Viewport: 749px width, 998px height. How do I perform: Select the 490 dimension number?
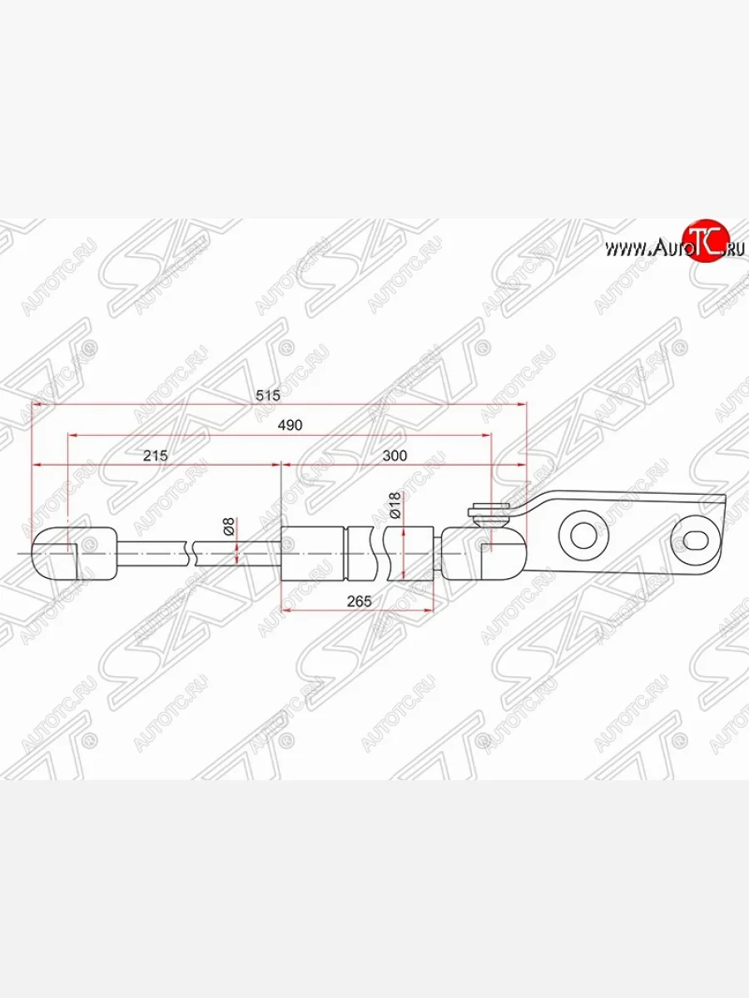(x=290, y=424)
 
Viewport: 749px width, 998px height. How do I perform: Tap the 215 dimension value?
(x=156, y=455)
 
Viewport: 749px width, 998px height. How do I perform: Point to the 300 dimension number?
(x=395, y=455)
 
